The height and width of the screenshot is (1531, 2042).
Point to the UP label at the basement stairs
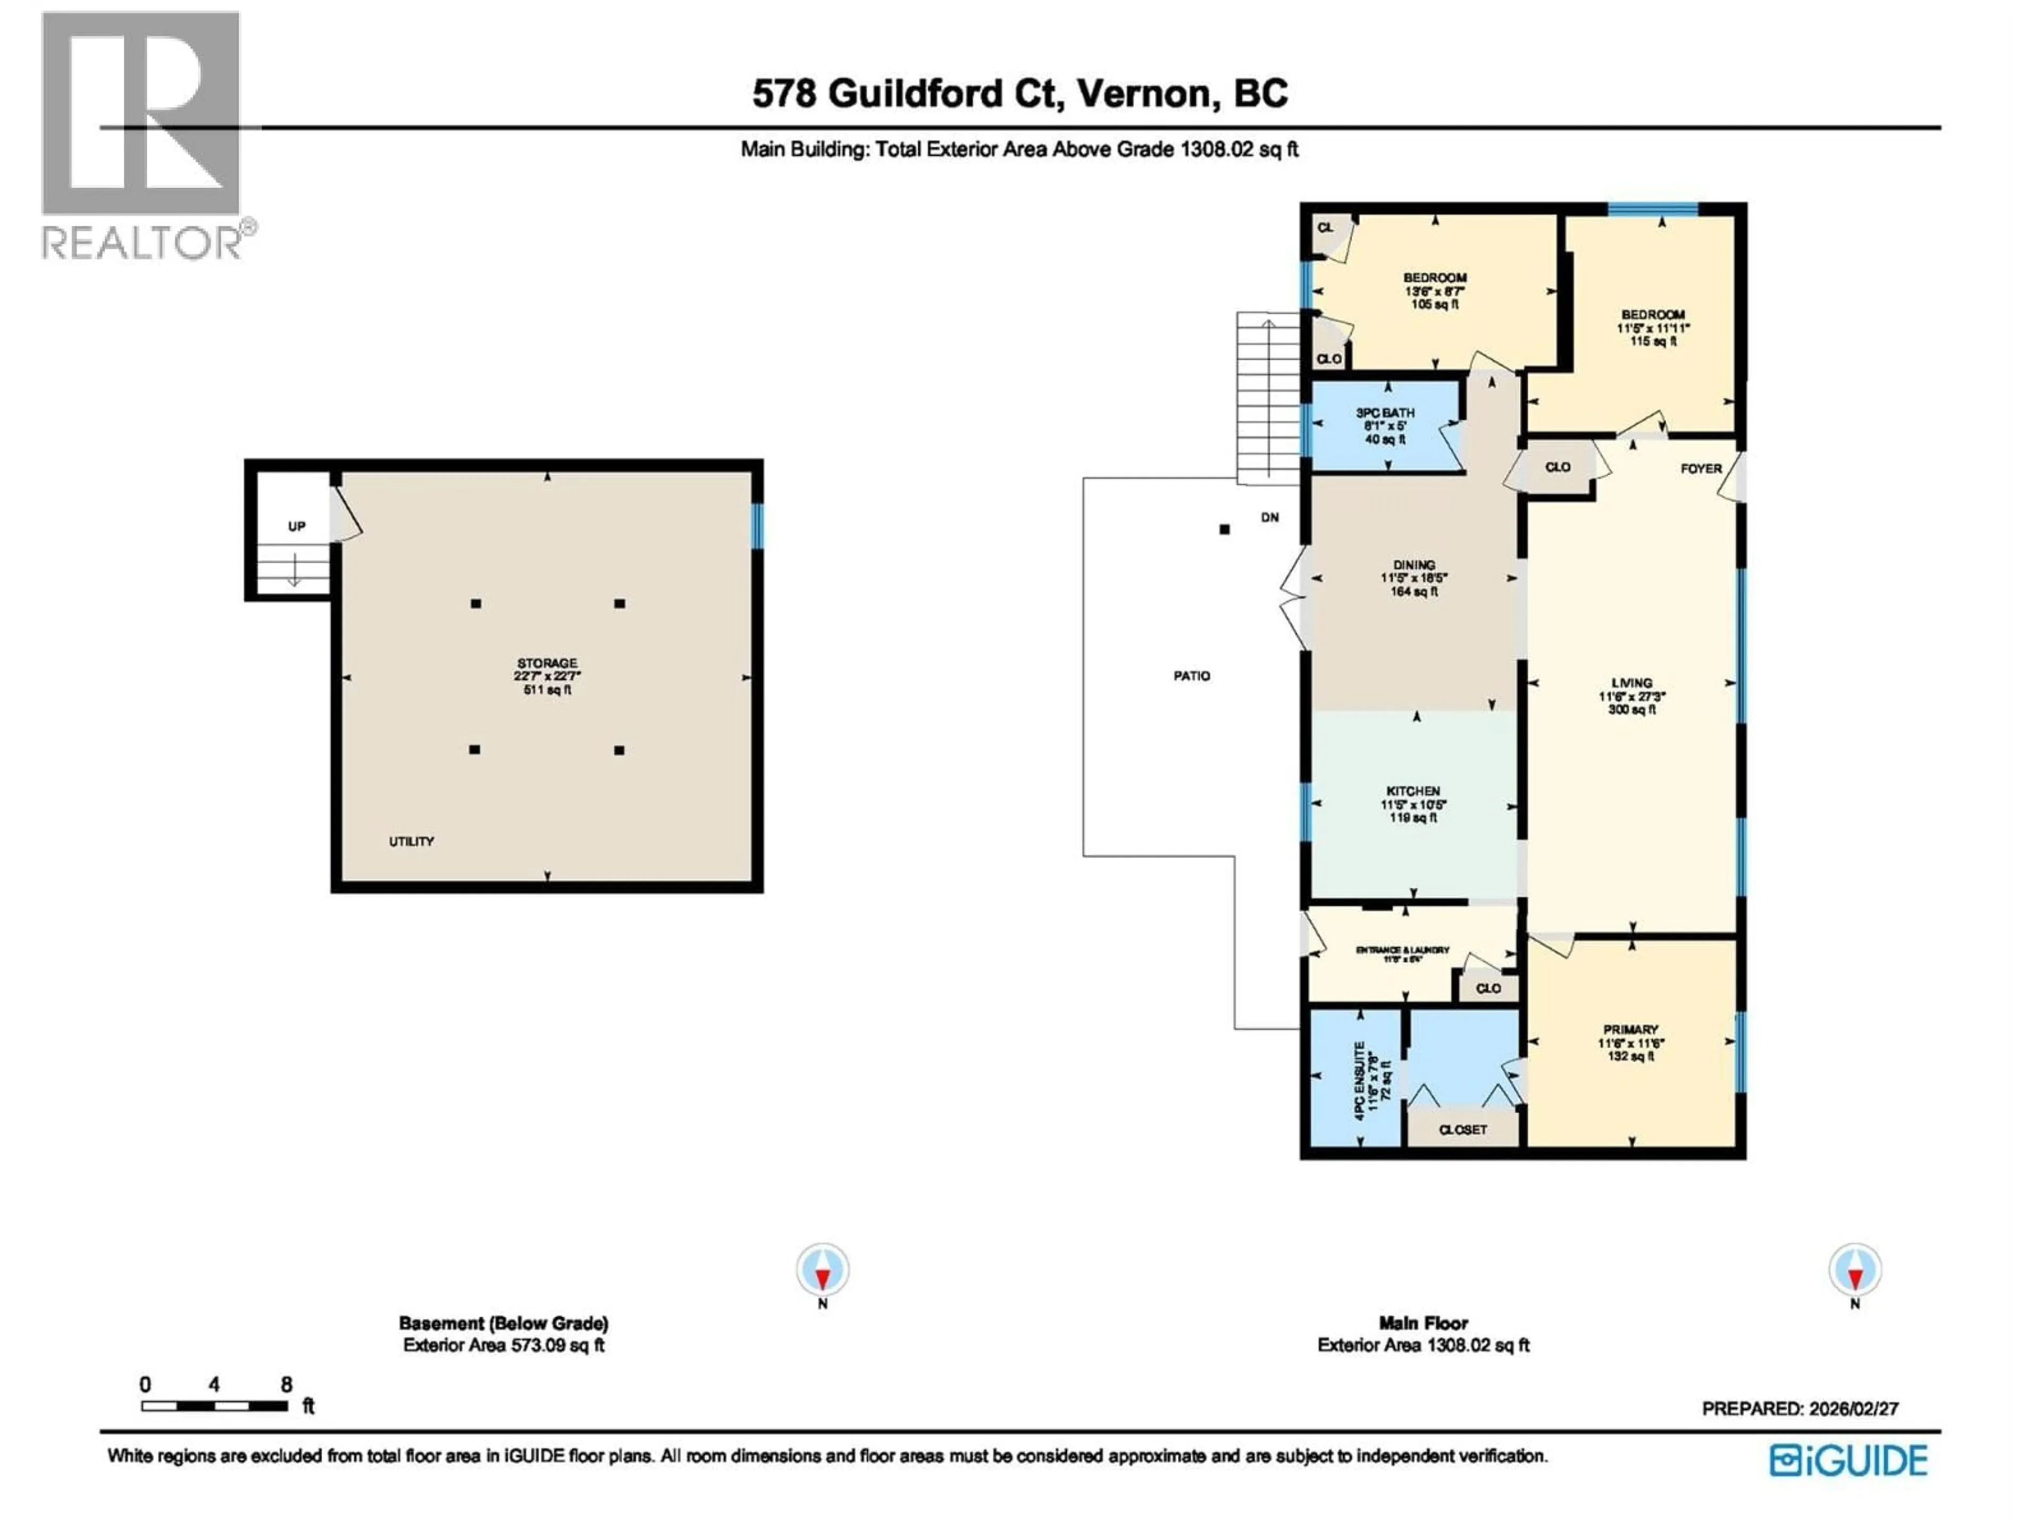296,526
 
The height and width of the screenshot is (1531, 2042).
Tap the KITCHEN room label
1412,791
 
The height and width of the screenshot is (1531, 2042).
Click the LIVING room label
1631,683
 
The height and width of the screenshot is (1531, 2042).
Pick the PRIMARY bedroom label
1630,1029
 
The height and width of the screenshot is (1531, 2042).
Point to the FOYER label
1701,468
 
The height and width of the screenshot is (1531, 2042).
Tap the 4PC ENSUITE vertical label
1360,1081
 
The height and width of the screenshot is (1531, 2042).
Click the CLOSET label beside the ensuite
1463,1130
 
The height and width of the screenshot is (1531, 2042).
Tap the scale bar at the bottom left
214,1407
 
